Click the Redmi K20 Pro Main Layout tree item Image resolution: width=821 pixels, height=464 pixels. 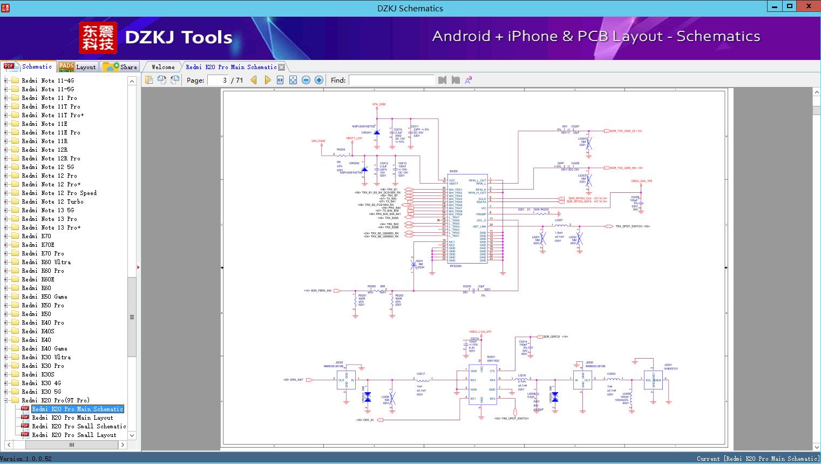[72, 418]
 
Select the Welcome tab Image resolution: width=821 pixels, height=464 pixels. [162, 67]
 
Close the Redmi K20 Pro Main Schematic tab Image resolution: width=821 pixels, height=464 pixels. [281, 67]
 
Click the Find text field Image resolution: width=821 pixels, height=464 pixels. [391, 80]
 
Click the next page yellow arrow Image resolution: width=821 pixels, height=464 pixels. [267, 80]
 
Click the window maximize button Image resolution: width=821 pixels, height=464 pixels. [790, 6]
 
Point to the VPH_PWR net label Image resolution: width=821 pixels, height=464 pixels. [318, 141]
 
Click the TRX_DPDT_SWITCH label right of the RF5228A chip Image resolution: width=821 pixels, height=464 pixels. [632, 226]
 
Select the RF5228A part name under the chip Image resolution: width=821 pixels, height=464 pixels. [456, 266]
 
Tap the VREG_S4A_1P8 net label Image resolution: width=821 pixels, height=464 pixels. [641, 181]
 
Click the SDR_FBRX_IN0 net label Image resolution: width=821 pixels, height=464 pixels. [318, 291]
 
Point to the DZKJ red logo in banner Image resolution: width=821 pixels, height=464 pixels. [98, 38]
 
